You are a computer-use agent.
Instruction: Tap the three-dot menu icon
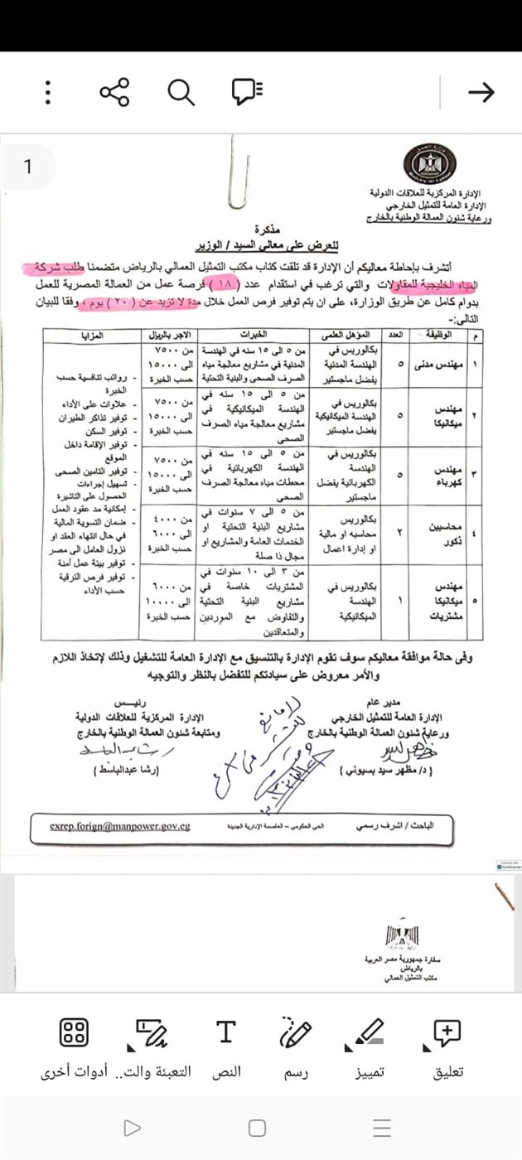tap(49, 92)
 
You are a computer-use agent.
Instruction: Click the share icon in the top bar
tap(114, 92)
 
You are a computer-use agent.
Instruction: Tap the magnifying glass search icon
tap(181, 92)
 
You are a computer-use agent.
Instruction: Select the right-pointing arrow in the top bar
tap(481, 92)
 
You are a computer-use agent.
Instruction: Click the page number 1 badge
tap(27, 167)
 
